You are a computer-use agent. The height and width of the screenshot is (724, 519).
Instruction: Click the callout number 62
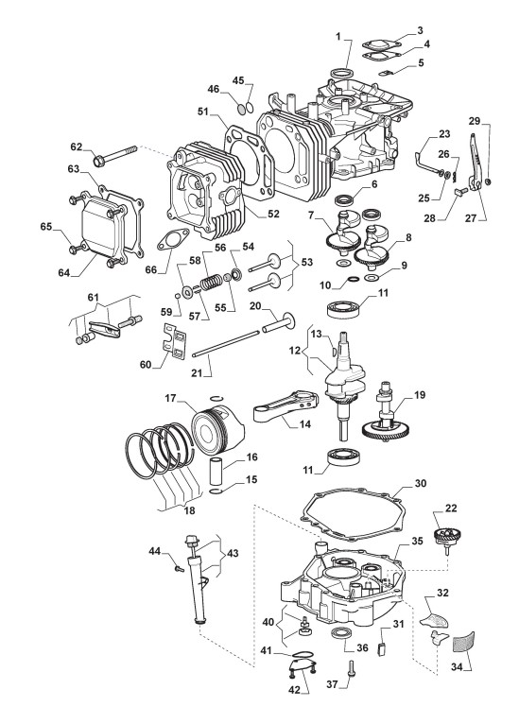pyautogui.click(x=77, y=147)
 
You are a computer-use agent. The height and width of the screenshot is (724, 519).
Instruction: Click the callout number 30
pyautogui.click(x=420, y=483)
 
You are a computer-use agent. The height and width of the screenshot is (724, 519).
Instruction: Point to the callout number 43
pyautogui.click(x=233, y=552)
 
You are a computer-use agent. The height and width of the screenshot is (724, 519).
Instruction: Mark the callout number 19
pyautogui.click(x=420, y=395)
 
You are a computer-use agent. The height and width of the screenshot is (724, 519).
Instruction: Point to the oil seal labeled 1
pyautogui.click(x=341, y=73)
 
